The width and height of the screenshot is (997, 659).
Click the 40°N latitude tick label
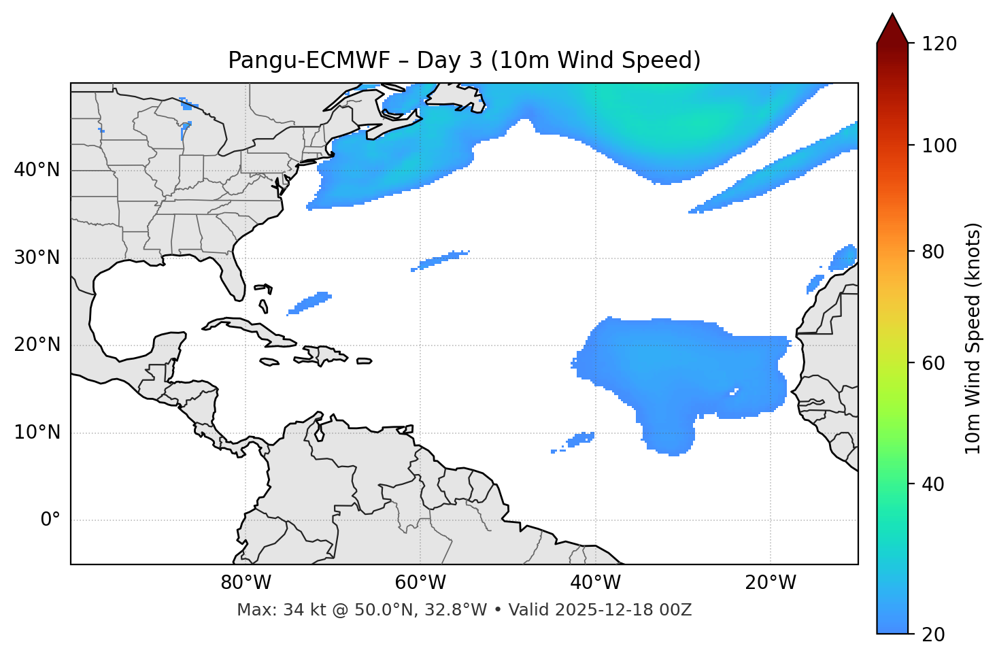37,170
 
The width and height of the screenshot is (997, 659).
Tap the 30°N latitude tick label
37,258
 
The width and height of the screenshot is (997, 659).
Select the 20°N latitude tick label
37,345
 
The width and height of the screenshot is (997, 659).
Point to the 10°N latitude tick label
37,433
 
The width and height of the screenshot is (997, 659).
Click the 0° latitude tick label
50,520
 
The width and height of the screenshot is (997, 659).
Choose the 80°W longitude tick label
246,583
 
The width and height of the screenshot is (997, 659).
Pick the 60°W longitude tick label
420,583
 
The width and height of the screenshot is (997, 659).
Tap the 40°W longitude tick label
595,583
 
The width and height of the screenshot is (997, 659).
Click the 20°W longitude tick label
771,583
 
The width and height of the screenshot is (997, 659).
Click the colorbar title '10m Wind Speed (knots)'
973,338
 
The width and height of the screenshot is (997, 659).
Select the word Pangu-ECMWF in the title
309,61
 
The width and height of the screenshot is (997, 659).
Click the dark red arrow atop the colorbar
892,29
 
